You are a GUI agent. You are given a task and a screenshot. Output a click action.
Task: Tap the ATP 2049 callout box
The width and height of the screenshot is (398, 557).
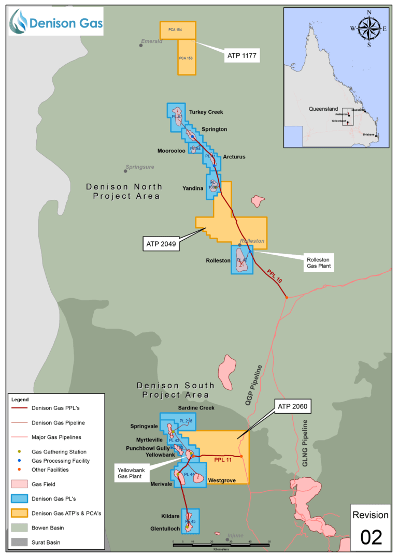(161, 244)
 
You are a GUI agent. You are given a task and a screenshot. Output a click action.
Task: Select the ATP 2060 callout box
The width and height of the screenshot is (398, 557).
(292, 407)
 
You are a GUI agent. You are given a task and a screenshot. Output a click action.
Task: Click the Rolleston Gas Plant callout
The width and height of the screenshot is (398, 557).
(318, 263)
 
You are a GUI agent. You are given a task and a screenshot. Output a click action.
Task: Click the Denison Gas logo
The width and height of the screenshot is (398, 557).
(56, 21)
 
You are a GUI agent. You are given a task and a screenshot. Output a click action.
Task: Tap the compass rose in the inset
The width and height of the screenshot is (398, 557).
(369, 28)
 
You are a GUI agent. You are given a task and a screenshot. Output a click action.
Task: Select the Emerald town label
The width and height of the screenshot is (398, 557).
(151, 41)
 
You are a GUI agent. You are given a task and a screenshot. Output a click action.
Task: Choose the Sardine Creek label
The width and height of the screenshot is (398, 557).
(196, 408)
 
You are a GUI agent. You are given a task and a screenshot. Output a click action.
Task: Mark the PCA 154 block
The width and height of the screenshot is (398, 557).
(175, 30)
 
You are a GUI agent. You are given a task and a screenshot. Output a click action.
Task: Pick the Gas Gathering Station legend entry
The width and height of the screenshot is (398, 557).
(59, 452)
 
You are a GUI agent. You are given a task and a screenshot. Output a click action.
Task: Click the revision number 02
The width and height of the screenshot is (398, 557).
(371, 537)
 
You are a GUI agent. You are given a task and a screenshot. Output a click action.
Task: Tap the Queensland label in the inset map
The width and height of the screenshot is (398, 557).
(323, 109)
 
